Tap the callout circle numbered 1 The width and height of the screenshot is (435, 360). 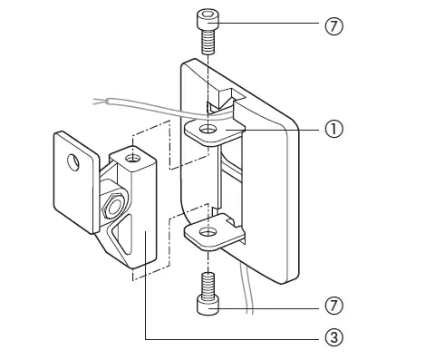point(333,130)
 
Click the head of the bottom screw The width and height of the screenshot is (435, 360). point(208,308)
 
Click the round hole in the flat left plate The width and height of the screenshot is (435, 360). point(76,163)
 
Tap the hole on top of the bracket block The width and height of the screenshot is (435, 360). point(135,160)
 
